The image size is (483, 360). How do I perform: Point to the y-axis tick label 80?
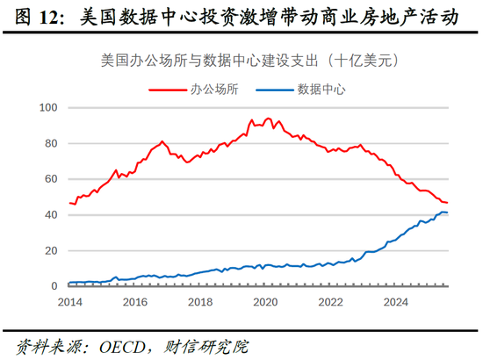[50, 143]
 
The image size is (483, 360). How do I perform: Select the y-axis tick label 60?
[50, 179]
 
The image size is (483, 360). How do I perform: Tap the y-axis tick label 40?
[50, 215]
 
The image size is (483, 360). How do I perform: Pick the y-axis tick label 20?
[50, 251]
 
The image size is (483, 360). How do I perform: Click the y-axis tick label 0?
[54, 286]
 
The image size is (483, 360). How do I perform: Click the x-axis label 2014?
[69, 301]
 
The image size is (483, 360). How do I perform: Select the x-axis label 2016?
[135, 301]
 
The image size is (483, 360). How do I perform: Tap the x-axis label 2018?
[201, 301]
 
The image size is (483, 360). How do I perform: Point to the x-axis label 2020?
[267, 301]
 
